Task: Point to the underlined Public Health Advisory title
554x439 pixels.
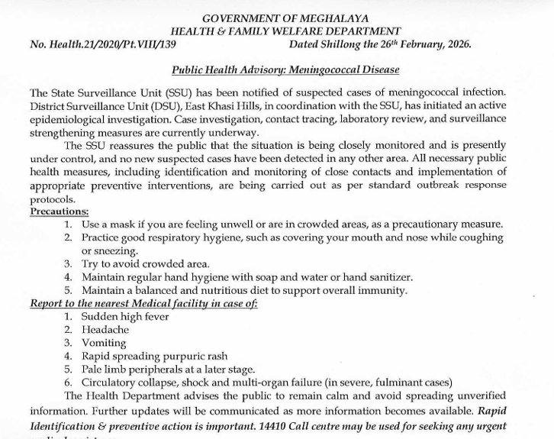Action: point(285,69)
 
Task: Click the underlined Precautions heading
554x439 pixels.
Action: point(60,211)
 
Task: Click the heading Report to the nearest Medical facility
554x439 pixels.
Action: point(143,303)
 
